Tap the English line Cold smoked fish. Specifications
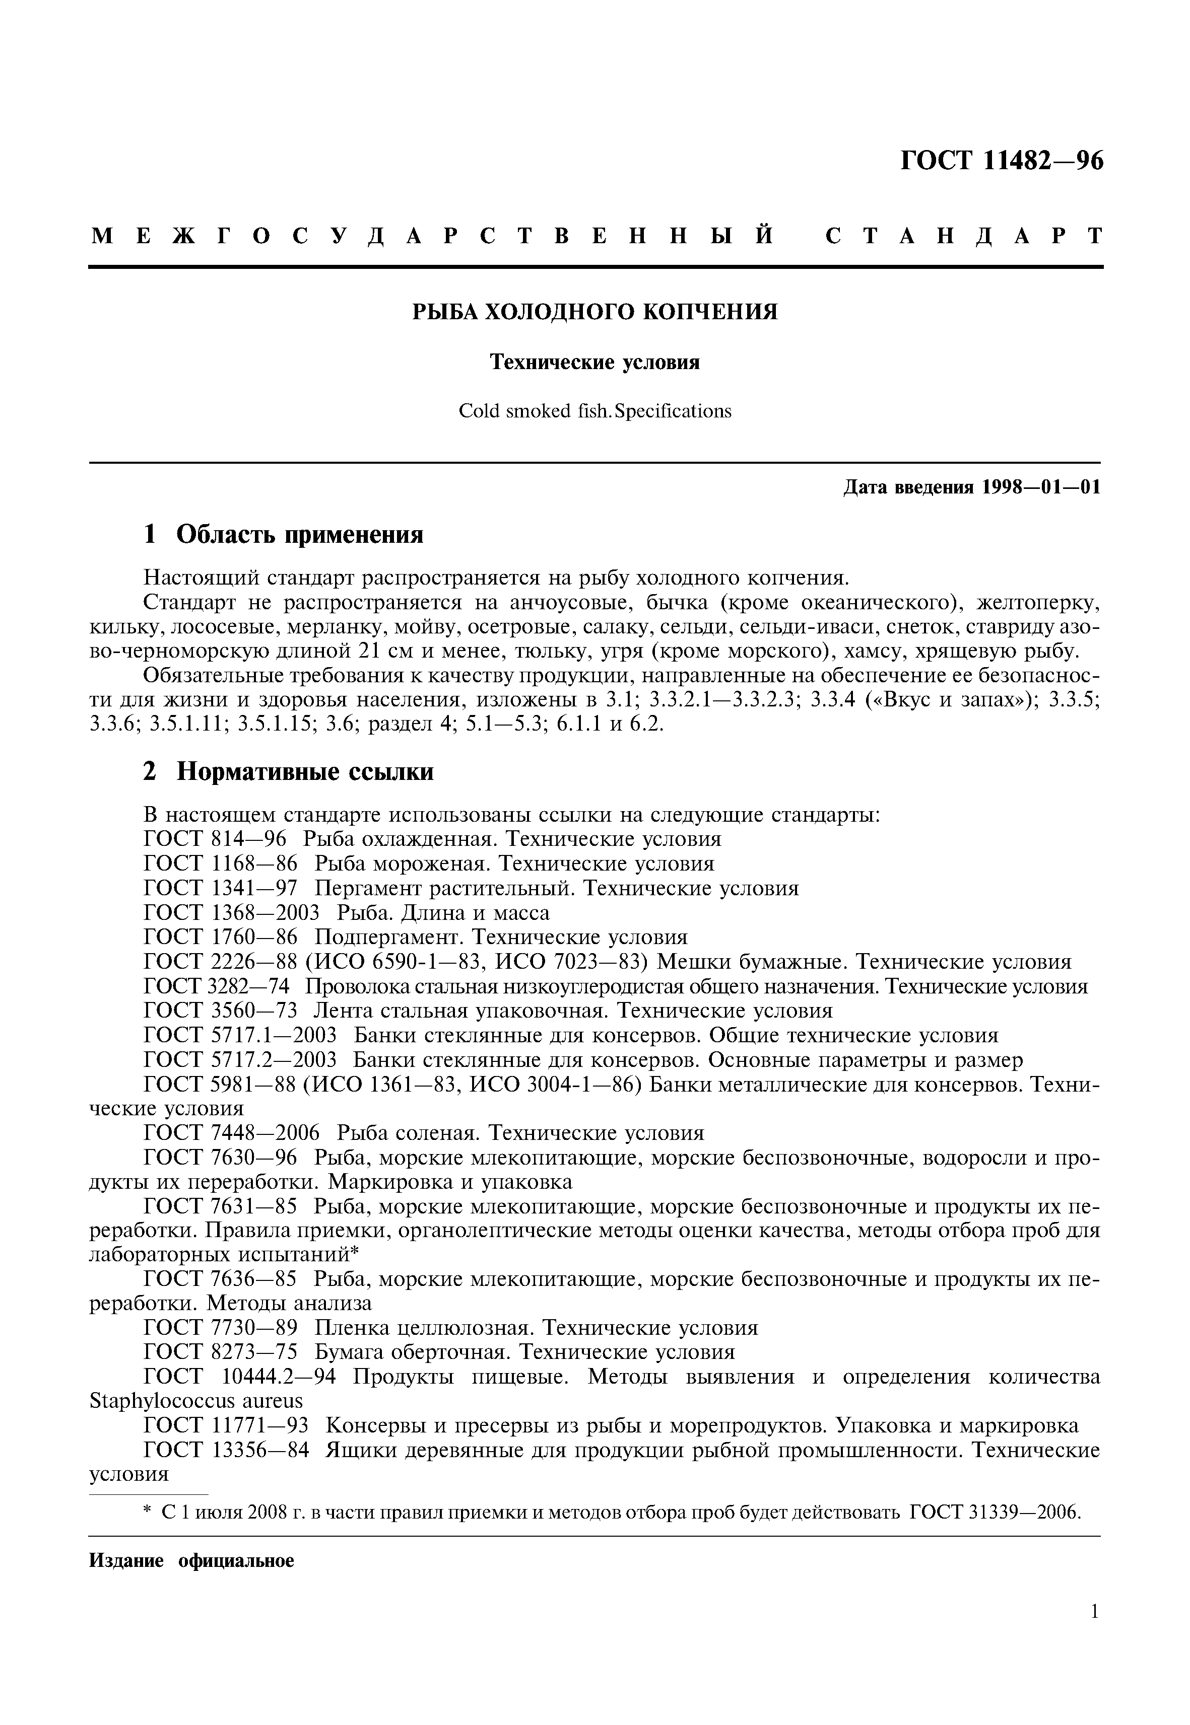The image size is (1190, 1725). click(595, 411)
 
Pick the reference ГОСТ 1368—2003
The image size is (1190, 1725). click(231, 913)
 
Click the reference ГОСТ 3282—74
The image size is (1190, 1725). click(216, 986)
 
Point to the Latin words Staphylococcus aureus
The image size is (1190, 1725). click(196, 1401)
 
